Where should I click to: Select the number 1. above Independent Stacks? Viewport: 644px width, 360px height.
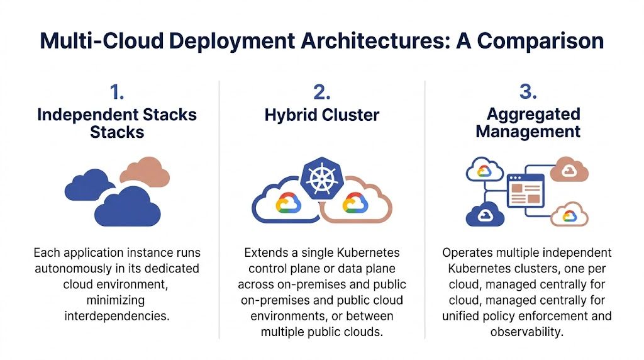point(117,93)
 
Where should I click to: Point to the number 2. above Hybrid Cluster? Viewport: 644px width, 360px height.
point(321,93)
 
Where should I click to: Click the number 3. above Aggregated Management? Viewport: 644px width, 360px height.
point(528,93)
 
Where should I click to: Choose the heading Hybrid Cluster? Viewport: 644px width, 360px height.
point(321,115)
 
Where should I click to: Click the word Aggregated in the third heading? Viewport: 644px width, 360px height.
point(533,115)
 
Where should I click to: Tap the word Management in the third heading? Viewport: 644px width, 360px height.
point(528,132)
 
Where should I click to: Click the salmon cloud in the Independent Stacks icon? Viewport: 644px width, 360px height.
point(145,171)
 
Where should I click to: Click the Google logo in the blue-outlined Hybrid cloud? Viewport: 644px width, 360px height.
point(287,203)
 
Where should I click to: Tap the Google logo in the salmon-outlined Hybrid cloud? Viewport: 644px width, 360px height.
point(355,203)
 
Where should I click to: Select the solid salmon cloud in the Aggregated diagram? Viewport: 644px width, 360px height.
point(569,169)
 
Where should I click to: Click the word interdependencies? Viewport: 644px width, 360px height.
point(117,315)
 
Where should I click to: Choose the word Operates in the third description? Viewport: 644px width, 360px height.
point(465,253)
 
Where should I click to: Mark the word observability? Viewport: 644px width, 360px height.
point(528,331)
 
